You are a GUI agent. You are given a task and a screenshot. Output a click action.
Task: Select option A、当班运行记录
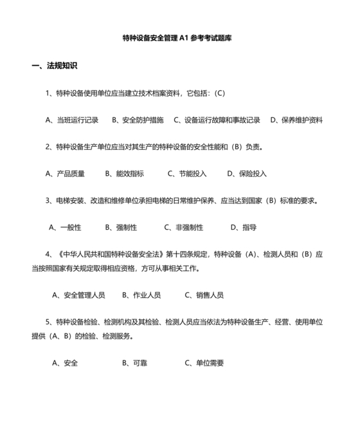pos(72,120)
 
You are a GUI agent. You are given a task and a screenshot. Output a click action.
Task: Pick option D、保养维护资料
pos(296,120)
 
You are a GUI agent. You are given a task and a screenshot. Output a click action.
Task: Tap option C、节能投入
pos(187,174)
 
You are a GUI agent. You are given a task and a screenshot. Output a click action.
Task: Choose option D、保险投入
pos(247,174)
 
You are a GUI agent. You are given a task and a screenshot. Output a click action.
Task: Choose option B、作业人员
pos(141,295)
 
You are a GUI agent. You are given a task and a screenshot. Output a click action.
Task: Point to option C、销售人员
pos(204,295)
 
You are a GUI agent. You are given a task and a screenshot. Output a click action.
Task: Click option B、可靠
pos(135,363)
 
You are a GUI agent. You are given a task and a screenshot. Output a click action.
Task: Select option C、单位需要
pos(204,363)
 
